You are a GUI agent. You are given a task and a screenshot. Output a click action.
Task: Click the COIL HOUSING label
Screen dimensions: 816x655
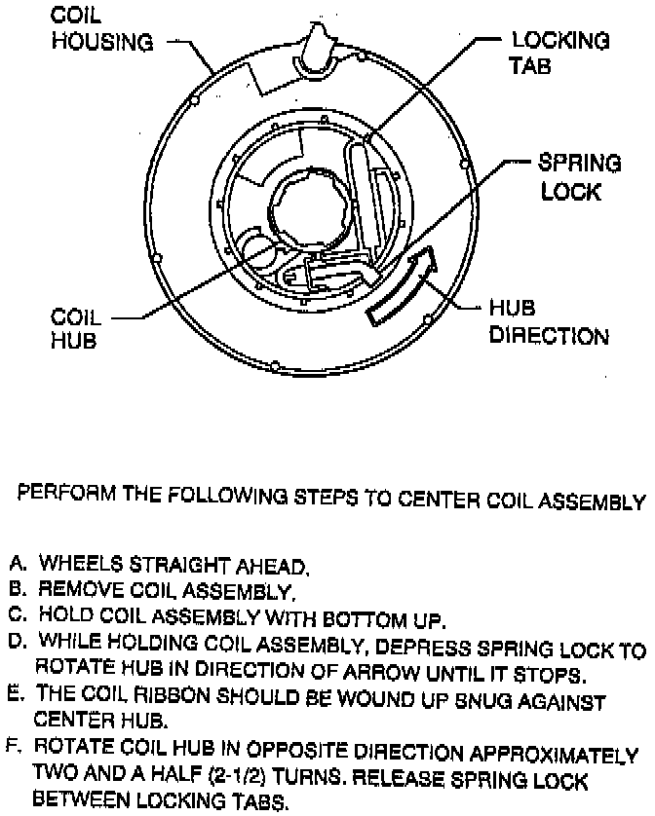[101, 30]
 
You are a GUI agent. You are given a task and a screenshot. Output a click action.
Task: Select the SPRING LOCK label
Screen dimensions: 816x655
[580, 176]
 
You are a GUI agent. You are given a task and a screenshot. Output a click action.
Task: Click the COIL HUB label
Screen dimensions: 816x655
[77, 330]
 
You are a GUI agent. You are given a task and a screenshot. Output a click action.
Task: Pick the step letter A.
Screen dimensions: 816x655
[16, 564]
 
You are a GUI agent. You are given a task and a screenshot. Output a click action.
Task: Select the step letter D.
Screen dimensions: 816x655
[16, 643]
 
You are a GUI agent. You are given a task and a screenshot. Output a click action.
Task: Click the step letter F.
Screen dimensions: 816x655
[16, 751]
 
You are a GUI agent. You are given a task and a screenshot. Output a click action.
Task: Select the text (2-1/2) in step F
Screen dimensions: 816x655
[241, 779]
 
